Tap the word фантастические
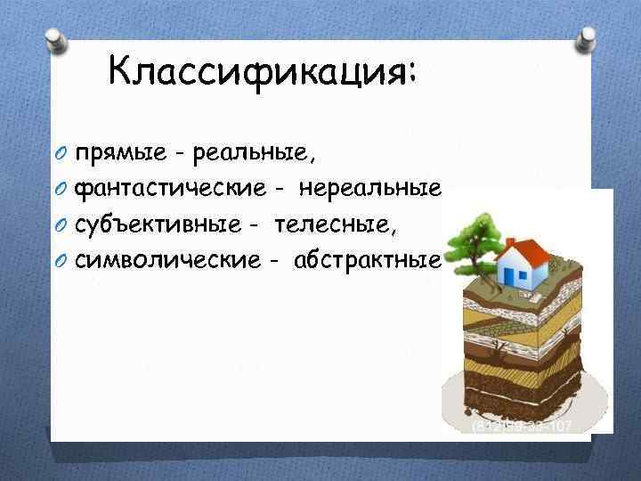click(169, 189)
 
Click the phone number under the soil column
click(521, 427)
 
